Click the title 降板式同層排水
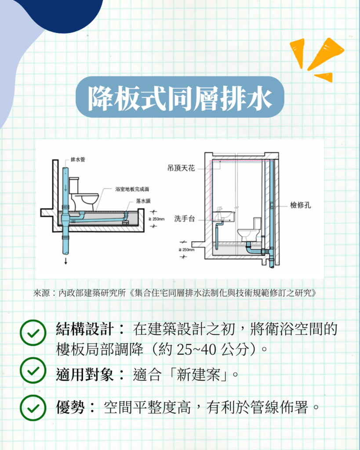(x=180, y=98)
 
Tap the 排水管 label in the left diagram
(x=78, y=160)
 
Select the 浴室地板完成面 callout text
(x=132, y=189)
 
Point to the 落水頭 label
(x=143, y=201)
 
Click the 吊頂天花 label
(x=181, y=168)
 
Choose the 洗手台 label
(x=185, y=219)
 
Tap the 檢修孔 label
(x=300, y=205)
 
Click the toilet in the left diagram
(x=83, y=194)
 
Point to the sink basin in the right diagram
(x=224, y=216)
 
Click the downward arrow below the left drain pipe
(x=66, y=261)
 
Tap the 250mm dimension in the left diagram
(x=156, y=219)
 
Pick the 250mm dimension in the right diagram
(x=187, y=250)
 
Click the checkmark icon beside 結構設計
(x=33, y=333)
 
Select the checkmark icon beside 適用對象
(x=33, y=370)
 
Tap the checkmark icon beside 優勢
(x=33, y=408)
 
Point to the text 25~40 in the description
(x=196, y=349)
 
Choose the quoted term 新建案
(x=198, y=374)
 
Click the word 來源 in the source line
(x=41, y=293)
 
